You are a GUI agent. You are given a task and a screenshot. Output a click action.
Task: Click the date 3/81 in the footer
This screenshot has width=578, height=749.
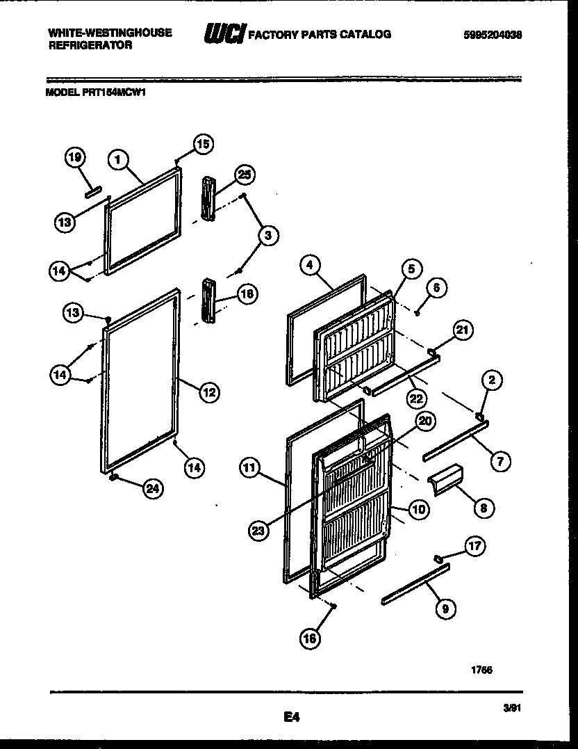512,707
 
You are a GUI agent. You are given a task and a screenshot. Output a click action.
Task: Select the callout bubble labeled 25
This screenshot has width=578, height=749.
244,175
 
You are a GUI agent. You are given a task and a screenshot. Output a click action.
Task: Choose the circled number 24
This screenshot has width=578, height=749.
153,489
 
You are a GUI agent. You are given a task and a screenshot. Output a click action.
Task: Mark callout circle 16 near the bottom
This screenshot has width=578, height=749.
311,638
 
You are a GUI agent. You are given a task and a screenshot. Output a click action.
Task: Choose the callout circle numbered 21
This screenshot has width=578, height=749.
463,329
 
